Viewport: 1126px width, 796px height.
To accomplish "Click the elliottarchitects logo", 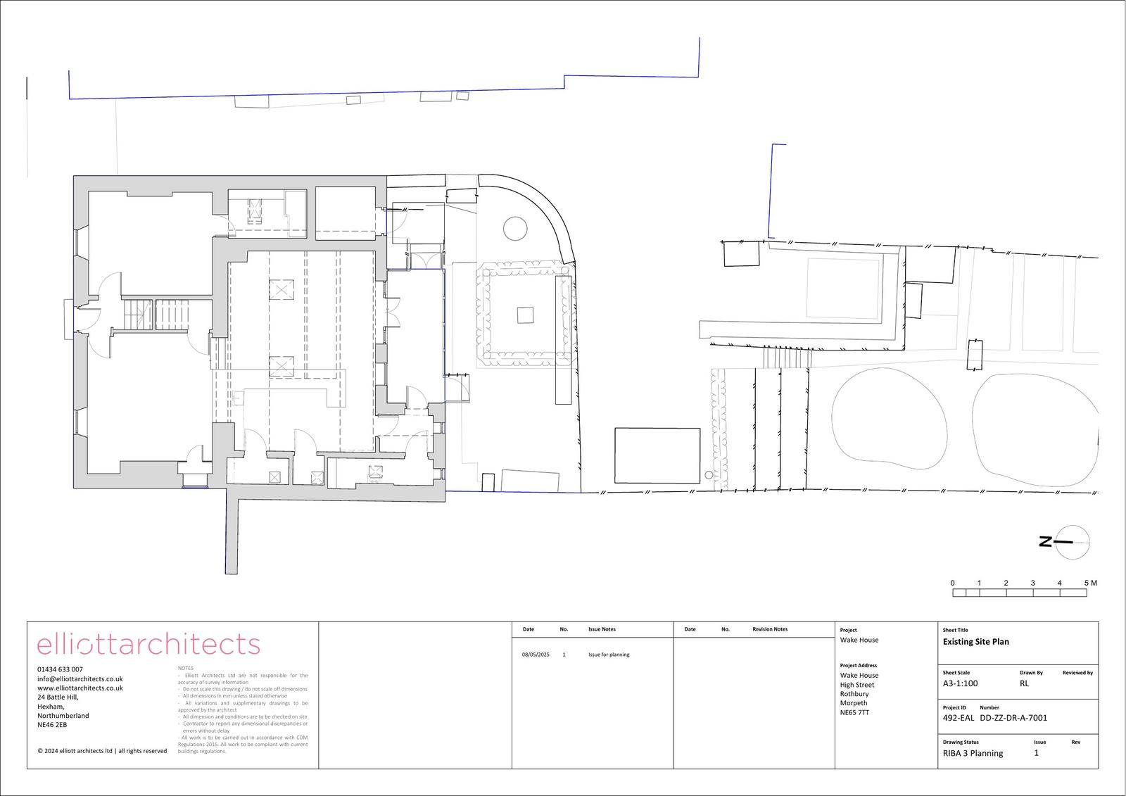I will click(x=148, y=644).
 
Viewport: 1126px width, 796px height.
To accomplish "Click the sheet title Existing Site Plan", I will click(x=975, y=642).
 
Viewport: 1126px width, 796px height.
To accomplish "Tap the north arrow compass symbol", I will click(x=1073, y=542).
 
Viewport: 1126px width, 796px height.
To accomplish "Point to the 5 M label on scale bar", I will click(x=1090, y=583).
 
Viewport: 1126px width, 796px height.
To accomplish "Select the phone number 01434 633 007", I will click(x=60, y=669).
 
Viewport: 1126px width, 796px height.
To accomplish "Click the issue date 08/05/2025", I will click(x=536, y=655).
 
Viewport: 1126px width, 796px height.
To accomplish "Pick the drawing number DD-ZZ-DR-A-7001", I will click(x=1013, y=718).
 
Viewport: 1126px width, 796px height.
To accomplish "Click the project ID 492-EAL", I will click(x=958, y=718).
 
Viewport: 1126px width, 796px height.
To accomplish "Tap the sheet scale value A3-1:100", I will click(x=960, y=683).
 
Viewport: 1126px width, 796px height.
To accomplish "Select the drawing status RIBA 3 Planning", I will click(x=973, y=753).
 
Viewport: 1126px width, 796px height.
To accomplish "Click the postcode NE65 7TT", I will click(x=854, y=712).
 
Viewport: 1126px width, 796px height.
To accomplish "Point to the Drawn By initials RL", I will click(x=1024, y=683).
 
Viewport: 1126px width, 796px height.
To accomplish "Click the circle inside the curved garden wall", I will click(x=514, y=227).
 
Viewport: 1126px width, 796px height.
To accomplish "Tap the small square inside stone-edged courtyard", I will click(x=525, y=315).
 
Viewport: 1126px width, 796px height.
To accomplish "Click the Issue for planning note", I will click(x=609, y=655).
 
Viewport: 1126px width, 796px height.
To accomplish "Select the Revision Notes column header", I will click(x=770, y=629).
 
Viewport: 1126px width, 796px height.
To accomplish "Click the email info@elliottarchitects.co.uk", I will click(x=80, y=678).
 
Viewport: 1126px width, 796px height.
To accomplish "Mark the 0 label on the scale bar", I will click(x=953, y=583).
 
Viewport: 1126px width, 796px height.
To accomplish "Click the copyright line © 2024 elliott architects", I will click(x=102, y=751).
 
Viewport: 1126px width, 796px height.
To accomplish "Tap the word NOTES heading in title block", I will click(x=186, y=668).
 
